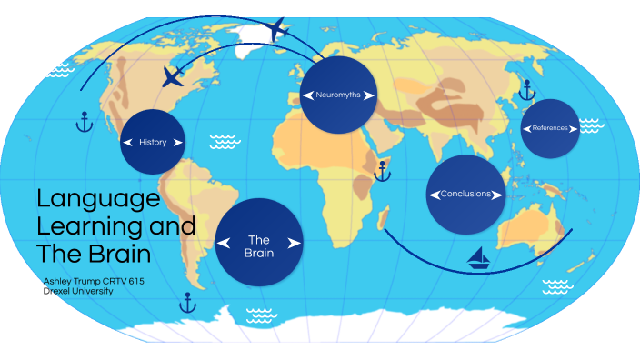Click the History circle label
(153, 142)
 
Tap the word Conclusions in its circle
(465, 195)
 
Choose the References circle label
(550, 128)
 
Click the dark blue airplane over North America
(172, 77)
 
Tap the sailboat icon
(479, 259)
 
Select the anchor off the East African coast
(383, 169)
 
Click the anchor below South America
(188, 302)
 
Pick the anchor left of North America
(84, 121)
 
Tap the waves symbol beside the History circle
(223, 141)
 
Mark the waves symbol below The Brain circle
(262, 315)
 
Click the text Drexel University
(78, 291)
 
